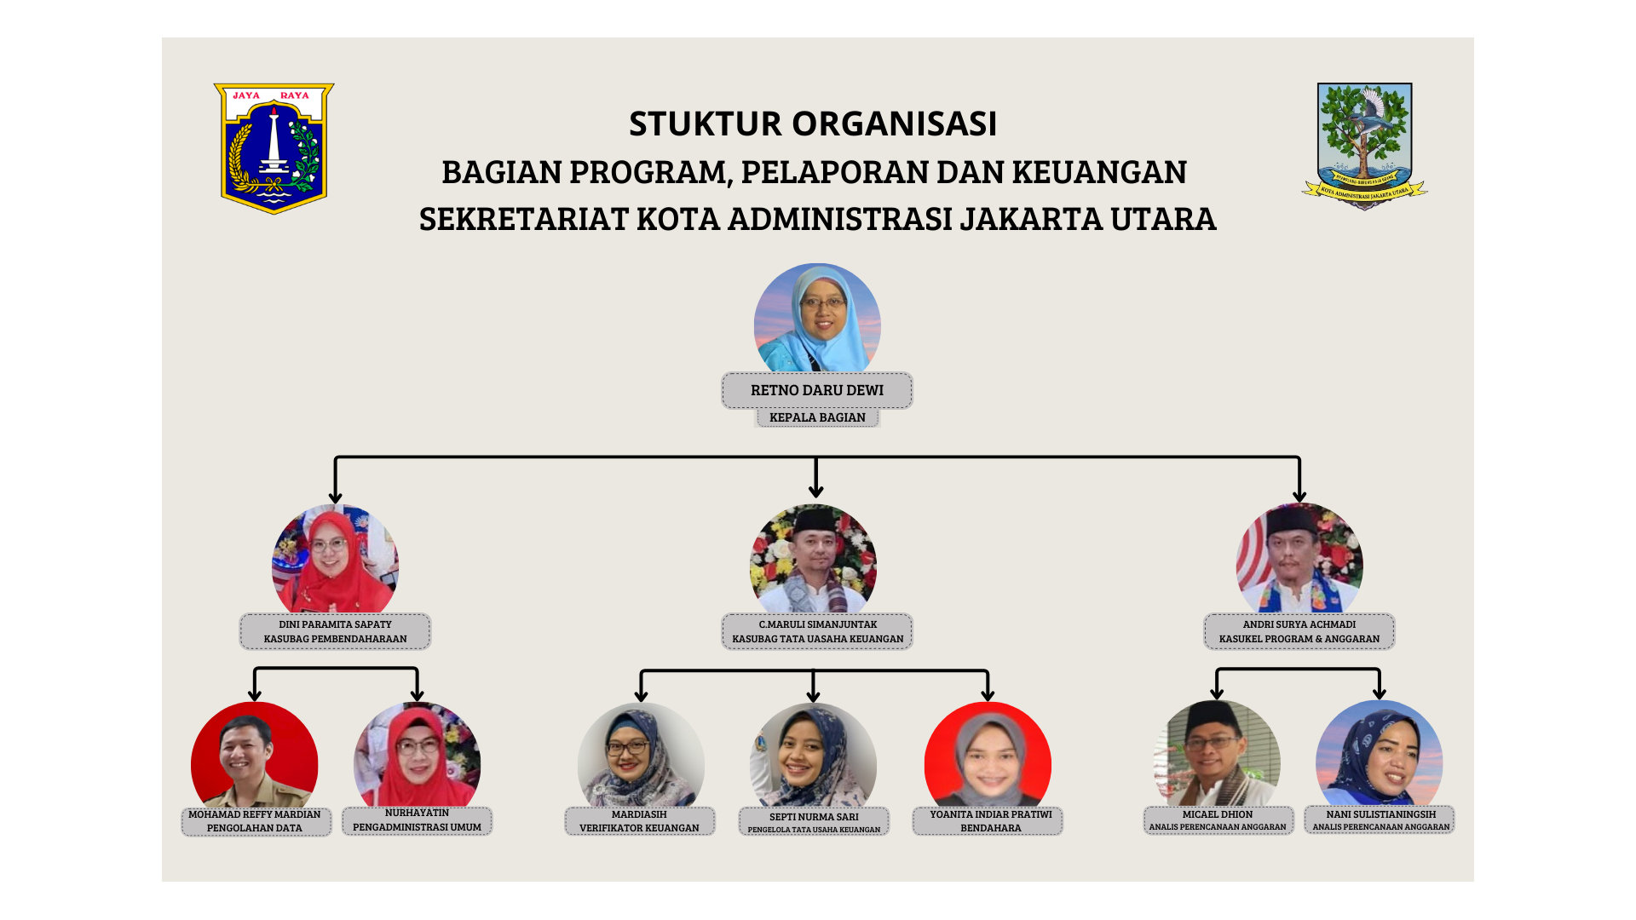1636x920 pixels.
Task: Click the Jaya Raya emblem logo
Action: [274, 148]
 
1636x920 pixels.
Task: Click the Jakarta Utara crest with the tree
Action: [1364, 146]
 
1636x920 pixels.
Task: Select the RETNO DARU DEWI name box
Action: [817, 390]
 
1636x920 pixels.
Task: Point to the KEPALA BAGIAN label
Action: [817, 417]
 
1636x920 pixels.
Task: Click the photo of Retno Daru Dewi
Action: [817, 318]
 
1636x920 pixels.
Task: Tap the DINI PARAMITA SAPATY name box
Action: [335, 631]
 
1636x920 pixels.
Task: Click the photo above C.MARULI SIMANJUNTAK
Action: [813, 559]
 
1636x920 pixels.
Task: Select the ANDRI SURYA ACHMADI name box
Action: [1299, 631]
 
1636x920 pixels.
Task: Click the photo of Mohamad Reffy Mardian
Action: [254, 755]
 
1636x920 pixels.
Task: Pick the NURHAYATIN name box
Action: [417, 820]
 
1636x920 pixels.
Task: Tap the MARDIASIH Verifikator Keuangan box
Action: [639, 821]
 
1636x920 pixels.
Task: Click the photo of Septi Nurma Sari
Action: [813, 756]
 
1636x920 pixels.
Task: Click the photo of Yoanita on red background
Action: [988, 755]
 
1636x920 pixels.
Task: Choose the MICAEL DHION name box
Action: [1218, 820]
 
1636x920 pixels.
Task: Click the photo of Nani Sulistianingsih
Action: [1379, 753]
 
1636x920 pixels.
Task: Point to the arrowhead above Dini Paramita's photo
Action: [336, 497]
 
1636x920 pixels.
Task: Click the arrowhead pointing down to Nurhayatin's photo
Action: [417, 694]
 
